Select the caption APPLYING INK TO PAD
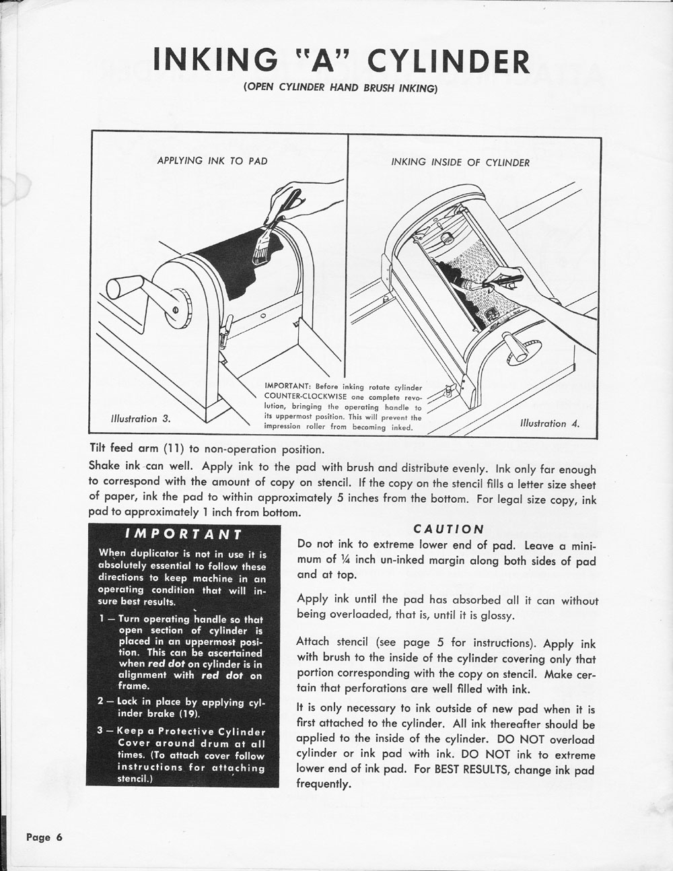212,160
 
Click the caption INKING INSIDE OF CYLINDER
460,162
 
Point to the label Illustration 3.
140,419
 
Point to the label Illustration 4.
549,423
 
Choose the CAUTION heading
448,529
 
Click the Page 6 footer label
44,837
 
